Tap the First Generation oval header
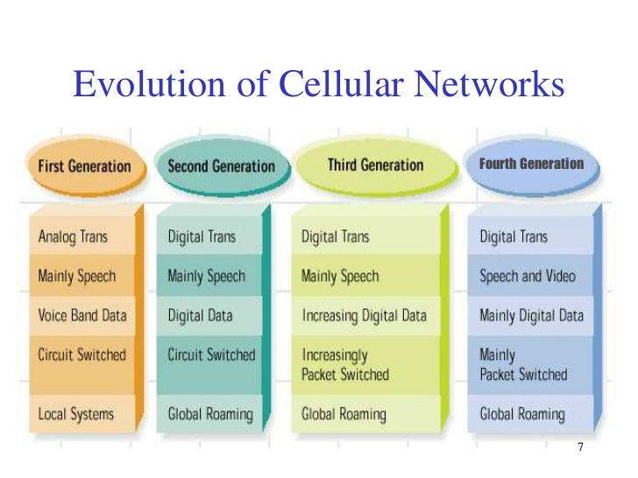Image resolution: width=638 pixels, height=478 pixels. point(84,165)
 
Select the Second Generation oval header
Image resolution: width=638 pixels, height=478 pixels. point(220,165)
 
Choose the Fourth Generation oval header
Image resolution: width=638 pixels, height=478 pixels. point(531,164)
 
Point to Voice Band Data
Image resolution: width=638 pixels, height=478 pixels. point(82,315)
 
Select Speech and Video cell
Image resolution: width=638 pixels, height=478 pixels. point(528,277)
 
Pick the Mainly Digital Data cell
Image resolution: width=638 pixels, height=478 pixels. point(531,315)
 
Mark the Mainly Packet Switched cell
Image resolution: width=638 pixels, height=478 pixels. point(523,365)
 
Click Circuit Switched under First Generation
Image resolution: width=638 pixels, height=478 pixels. point(82,355)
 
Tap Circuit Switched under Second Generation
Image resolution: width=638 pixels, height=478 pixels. point(211,355)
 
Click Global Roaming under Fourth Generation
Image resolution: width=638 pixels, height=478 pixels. point(522,413)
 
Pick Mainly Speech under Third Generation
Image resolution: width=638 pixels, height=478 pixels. point(340,277)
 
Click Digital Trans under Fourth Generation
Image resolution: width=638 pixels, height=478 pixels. point(514,236)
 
